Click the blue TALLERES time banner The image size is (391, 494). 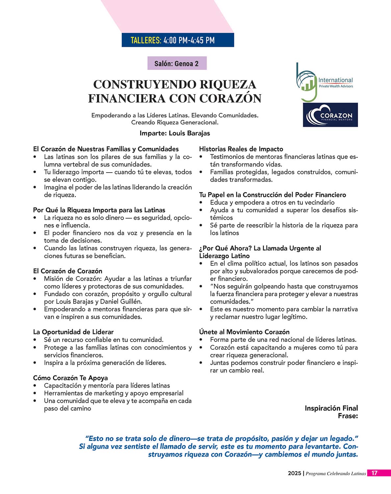pyautogui.click(x=178, y=40)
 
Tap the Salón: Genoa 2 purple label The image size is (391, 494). pyautogui.click(x=177, y=64)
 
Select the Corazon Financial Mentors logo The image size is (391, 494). pyautogui.click(x=330, y=115)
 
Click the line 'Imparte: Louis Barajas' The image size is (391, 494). pyautogui.click(x=174, y=133)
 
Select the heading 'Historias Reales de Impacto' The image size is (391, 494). pyautogui.click(x=241, y=149)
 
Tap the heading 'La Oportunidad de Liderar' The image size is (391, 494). pyautogui.click(x=73, y=332)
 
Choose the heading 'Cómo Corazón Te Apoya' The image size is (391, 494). pyautogui.click(x=70, y=378)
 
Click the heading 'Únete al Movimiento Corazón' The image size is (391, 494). pyautogui.click(x=244, y=332)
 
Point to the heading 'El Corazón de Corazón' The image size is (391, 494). pyautogui.click(x=67, y=271)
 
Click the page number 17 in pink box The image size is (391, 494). pyautogui.click(x=375, y=473)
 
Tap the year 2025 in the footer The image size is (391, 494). pyautogui.click(x=294, y=474)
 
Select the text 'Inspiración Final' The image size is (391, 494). pyautogui.click(x=331, y=408)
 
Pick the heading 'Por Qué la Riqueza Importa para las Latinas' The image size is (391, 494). pyautogui.click(x=99, y=210)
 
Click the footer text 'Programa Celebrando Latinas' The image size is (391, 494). pyautogui.click(x=336, y=474)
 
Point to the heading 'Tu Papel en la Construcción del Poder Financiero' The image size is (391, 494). pyautogui.click(x=273, y=195)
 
